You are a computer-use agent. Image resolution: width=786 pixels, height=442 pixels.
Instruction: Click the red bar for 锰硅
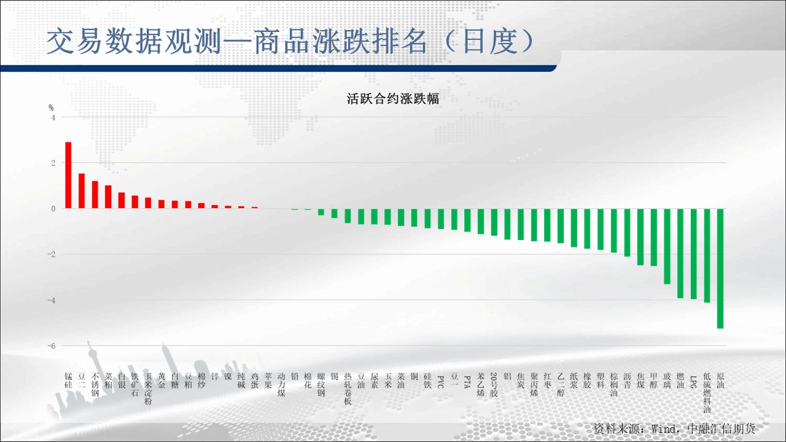coord(68,175)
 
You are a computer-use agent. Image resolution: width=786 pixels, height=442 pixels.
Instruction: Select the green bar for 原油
coord(720,268)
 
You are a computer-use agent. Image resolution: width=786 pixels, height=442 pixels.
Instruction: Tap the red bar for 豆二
coord(82,191)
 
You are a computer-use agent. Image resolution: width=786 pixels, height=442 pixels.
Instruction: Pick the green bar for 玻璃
coord(667,246)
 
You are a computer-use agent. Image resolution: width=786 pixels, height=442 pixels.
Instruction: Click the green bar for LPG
coord(694,254)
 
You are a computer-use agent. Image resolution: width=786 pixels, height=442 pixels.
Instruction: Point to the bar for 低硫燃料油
coord(707,255)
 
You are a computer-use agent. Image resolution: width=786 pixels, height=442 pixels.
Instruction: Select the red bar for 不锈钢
coord(95,195)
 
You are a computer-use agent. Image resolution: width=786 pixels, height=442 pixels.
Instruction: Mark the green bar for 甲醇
coord(654,237)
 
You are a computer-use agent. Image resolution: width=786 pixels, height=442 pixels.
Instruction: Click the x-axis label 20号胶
coord(494,384)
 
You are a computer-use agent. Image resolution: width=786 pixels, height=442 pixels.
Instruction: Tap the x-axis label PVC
coord(441,382)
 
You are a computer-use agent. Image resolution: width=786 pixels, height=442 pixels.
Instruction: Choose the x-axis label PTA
coord(467,382)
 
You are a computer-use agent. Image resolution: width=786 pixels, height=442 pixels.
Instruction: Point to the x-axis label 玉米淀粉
coord(148,389)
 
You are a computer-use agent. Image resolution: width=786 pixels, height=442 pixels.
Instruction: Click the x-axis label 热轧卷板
coord(348,389)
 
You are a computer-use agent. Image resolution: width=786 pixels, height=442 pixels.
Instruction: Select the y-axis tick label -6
coord(51,346)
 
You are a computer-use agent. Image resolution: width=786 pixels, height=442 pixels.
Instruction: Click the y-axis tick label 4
coord(53,117)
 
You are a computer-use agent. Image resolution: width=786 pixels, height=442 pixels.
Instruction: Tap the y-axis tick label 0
coord(53,209)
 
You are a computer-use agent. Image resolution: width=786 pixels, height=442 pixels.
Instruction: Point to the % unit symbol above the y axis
coord(51,107)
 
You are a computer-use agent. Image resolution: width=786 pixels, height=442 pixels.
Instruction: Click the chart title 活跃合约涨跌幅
coord(393,99)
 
